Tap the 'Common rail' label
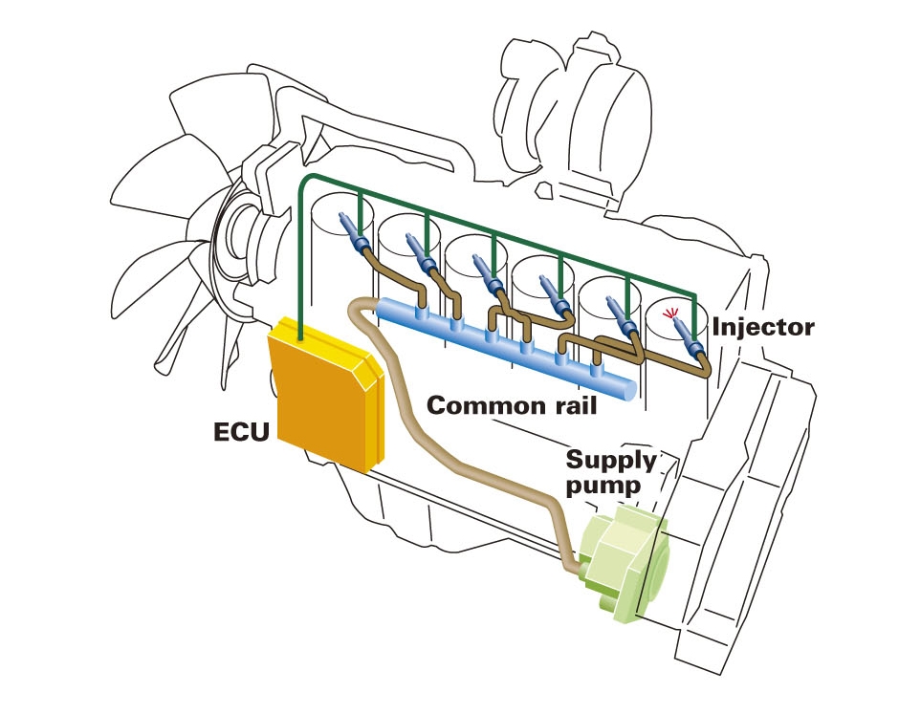point(511,404)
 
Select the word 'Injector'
point(762,327)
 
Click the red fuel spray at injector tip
point(675,313)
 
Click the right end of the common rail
point(625,391)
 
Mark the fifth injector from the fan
point(623,319)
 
